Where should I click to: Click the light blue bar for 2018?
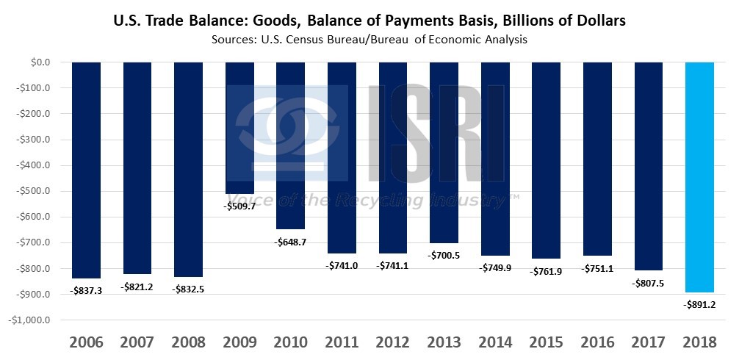pos(699,176)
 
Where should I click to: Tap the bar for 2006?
pos(86,170)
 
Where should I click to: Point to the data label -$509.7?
pos(239,206)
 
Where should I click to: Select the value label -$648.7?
pos(290,241)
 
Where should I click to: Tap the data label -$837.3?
pos(86,290)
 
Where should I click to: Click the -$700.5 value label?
pos(444,255)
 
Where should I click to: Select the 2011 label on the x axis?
pos(342,342)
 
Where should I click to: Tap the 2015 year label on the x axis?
pos(546,342)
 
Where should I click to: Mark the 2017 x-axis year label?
pos(648,342)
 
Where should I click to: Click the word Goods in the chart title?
pos(277,22)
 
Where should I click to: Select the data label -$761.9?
pos(546,272)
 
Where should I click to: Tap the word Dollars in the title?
pos(599,21)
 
